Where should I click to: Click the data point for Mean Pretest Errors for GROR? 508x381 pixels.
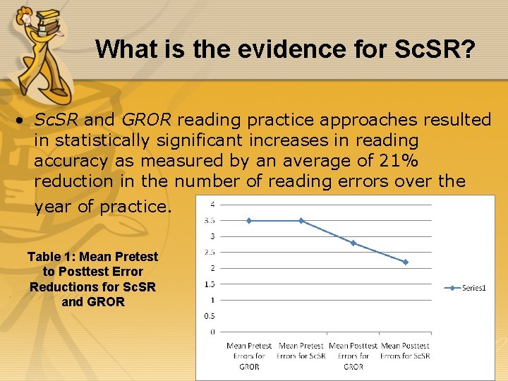pos(249,221)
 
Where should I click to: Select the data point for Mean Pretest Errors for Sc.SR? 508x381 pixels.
pos(301,221)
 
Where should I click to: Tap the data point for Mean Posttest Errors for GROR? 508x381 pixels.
pos(353,243)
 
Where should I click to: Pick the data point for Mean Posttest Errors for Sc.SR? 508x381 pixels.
pos(405,262)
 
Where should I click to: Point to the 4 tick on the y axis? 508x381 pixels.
pos(212,205)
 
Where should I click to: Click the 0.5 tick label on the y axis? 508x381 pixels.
pos(210,316)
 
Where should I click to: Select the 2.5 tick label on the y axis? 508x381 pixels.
pos(210,252)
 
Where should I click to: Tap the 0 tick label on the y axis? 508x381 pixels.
pos(212,332)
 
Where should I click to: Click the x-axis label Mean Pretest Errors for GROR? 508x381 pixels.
pos(249,356)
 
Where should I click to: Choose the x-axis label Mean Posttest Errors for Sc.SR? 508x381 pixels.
pos(405,356)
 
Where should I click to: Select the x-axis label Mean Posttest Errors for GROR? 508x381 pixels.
pos(353,356)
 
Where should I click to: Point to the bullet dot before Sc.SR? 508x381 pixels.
pos(22,121)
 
